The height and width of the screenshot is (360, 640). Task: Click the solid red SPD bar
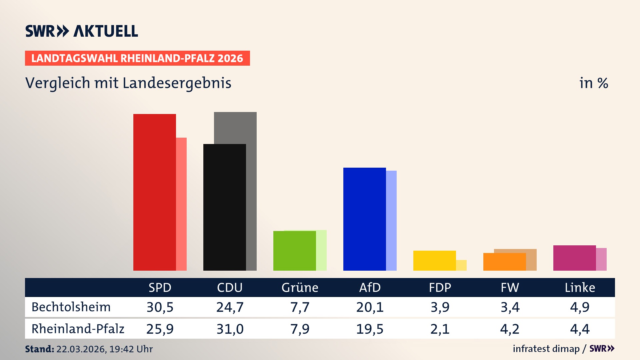154,192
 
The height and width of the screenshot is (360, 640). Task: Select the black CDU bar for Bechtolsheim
224,207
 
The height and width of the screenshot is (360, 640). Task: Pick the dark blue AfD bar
364,219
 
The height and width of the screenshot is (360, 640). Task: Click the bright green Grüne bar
294,251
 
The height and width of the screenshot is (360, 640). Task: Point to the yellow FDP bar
434,260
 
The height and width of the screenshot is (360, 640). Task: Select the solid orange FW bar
504,262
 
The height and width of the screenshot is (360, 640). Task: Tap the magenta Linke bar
574,258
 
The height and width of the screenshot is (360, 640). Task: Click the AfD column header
370,287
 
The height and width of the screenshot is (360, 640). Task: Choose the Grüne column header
300,287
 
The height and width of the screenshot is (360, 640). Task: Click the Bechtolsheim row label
71,307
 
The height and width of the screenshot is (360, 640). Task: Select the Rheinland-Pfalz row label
78,329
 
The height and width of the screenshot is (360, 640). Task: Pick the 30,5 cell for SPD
160,307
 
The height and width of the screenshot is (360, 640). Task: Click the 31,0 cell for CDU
230,329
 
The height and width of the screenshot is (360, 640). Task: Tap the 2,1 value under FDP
440,329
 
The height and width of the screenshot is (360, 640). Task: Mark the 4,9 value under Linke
580,307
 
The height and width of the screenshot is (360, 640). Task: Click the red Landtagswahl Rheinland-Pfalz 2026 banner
137,58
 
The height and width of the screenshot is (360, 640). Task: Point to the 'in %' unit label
594,83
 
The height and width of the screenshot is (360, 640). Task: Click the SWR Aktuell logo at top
82,31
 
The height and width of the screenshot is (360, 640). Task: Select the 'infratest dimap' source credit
546,349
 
